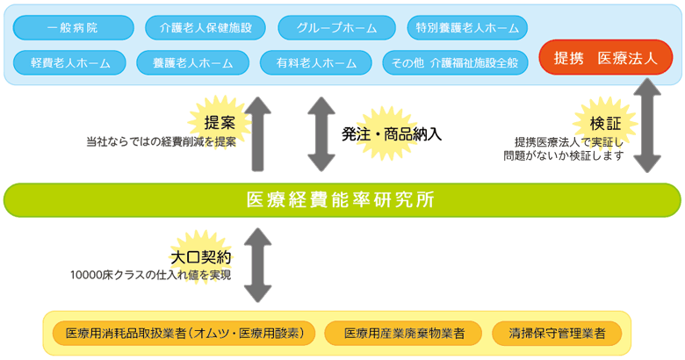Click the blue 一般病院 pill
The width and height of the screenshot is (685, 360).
click(x=74, y=27)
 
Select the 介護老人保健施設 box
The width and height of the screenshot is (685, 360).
click(x=205, y=27)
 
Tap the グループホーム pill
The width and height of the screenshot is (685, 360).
click(x=336, y=27)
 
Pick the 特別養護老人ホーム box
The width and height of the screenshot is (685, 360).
click(x=467, y=27)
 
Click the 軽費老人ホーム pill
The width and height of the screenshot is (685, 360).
click(x=70, y=63)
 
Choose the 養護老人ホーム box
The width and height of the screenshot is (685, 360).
click(x=192, y=63)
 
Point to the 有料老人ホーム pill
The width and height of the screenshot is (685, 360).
click(x=316, y=63)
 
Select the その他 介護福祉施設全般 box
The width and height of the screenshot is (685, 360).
click(x=455, y=63)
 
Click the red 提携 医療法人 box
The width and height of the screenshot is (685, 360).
click(x=605, y=58)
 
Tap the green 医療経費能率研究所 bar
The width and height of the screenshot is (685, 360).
click(x=342, y=200)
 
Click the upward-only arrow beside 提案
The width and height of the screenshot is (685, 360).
click(x=257, y=134)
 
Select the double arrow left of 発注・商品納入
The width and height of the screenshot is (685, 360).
click(x=321, y=134)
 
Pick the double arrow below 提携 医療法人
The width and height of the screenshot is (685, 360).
click(x=647, y=126)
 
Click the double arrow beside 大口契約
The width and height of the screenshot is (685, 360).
click(x=257, y=265)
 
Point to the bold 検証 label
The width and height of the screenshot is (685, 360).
click(x=605, y=124)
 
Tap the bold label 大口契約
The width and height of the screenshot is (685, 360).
click(x=200, y=257)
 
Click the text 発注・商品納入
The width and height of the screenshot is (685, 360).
click(x=392, y=134)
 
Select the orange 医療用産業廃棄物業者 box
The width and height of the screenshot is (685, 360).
click(x=403, y=334)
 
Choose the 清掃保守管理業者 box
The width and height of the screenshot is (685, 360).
click(x=557, y=334)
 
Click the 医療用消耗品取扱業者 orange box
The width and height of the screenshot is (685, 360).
click(x=184, y=334)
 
